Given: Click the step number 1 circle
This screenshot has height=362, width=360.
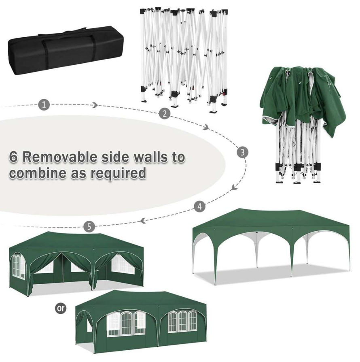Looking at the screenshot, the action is click(44, 104).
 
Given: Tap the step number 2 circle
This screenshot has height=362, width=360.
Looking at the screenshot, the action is click(165, 113).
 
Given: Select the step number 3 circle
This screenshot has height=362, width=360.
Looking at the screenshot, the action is click(243, 152).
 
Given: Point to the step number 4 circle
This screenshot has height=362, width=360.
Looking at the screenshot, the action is click(200, 206).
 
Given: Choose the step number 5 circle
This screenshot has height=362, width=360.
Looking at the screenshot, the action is click(89, 226).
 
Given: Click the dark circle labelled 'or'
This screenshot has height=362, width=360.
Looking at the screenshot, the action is click(60, 308).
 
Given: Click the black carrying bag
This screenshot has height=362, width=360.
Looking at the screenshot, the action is click(66, 51).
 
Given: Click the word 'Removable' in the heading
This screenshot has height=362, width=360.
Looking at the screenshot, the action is click(61, 157).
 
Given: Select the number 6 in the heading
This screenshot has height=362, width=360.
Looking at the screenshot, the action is click(14, 157).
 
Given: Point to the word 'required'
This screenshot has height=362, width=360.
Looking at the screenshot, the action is click(118, 173).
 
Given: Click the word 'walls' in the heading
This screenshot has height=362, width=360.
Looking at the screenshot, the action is click(151, 157).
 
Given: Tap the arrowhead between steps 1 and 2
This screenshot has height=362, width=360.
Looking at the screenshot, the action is click(95, 105).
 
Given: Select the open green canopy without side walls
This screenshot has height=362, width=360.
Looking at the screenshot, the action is click(271, 246).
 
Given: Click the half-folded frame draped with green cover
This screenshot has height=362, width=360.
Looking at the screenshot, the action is click(301, 125).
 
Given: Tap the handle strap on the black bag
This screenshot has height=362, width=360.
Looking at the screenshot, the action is click(62, 33).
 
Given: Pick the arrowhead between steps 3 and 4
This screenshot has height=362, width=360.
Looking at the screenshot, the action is click(235, 187).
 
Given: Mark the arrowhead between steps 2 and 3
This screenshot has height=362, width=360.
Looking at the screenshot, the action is click(206, 127).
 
